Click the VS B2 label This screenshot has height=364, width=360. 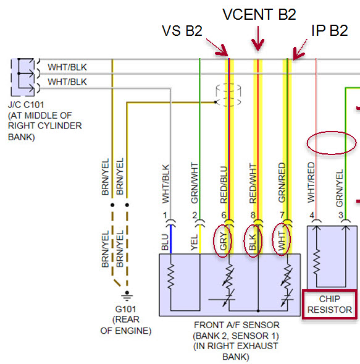click(182, 31)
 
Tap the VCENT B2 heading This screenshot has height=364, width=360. click(259, 14)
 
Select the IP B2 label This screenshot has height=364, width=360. click(329, 30)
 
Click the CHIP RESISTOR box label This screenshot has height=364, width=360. click(329, 304)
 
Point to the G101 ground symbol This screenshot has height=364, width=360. click(127, 295)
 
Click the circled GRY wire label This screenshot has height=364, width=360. click(223, 241)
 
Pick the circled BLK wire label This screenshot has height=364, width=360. click(252, 242)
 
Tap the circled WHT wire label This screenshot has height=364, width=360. click(281, 241)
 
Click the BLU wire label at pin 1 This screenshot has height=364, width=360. click(165, 242)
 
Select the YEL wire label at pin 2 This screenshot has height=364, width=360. click(194, 242)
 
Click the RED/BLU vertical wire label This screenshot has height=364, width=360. click(224, 185)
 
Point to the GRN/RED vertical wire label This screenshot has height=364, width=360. click(282, 182)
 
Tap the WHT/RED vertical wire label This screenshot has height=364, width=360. click(311, 182)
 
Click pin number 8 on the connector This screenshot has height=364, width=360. click(253, 215)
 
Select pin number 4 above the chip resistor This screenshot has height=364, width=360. click(312, 215)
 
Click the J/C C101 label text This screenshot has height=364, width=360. click(26, 104)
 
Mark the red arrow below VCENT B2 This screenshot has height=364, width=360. click(257, 38)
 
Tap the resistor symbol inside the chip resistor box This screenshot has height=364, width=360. click(316, 262)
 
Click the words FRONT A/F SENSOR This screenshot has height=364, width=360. click(237, 325)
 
